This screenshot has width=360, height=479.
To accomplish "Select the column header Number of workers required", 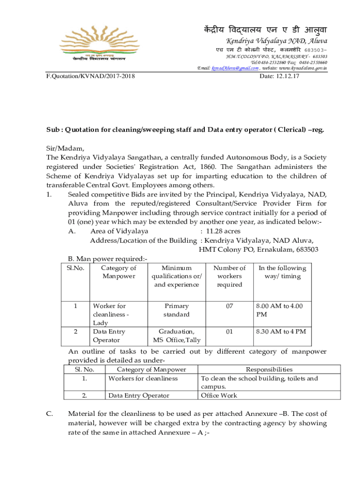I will coord(229,276).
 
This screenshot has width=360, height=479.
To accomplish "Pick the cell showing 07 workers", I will coord(229,306).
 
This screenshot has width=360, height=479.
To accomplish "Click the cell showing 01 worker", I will coord(229,332).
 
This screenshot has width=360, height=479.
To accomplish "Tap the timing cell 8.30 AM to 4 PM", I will coord(281,332).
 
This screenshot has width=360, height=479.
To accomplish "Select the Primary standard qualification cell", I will coord(176,310).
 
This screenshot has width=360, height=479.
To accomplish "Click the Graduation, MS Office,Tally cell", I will coord(176,335).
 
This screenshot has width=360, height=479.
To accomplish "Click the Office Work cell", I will coord(219,396).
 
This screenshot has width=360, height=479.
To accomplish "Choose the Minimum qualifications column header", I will coord(176,276).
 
